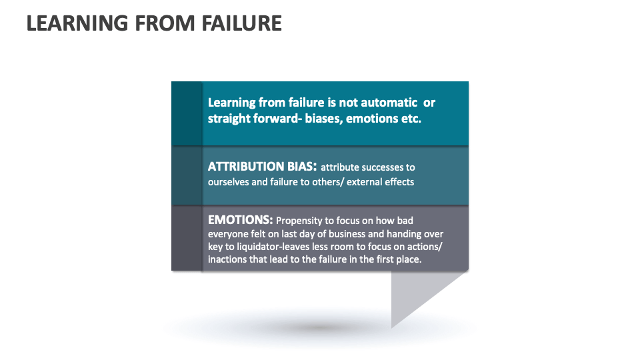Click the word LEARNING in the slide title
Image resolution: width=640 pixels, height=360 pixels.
click(x=77, y=23)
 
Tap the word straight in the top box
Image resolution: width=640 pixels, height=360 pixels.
click(x=229, y=119)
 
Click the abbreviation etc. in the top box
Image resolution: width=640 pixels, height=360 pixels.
click(x=411, y=119)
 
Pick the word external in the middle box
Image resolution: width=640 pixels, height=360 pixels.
click(x=363, y=182)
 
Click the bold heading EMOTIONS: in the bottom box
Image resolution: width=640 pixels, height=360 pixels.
click(x=241, y=220)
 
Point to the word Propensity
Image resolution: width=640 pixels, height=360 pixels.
click(x=299, y=221)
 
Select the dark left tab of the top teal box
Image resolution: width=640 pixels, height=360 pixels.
click(x=187, y=113)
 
